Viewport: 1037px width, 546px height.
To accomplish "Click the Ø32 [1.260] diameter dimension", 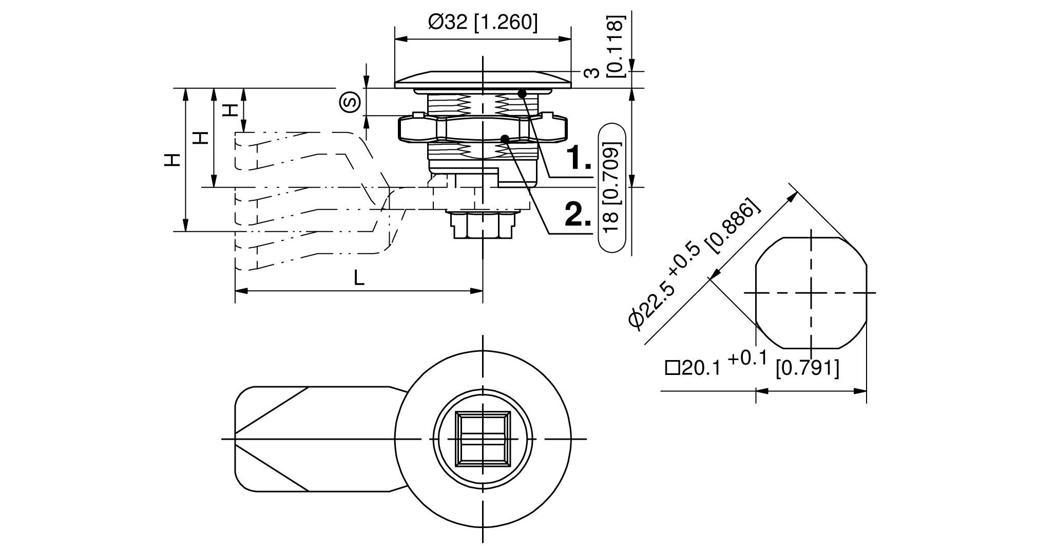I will (483, 23).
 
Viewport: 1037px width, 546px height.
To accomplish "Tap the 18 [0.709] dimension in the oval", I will (611, 188).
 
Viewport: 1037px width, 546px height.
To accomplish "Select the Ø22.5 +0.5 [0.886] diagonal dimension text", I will (693, 262).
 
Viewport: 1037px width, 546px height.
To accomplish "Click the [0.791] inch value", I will (807, 368).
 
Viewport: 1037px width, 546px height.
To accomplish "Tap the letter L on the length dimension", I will (359, 278).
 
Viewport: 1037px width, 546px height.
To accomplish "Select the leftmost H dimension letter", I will (173, 160).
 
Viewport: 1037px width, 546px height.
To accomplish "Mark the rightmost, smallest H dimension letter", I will (232, 110).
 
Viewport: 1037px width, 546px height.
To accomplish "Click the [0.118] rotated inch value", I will (616, 46).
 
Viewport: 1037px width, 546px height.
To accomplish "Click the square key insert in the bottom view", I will (483, 439).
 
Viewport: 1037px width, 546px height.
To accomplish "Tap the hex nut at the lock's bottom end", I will (483, 225).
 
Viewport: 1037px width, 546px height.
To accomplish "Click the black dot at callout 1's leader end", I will (522, 93).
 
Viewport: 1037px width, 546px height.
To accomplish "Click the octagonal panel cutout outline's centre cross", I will (811, 292).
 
